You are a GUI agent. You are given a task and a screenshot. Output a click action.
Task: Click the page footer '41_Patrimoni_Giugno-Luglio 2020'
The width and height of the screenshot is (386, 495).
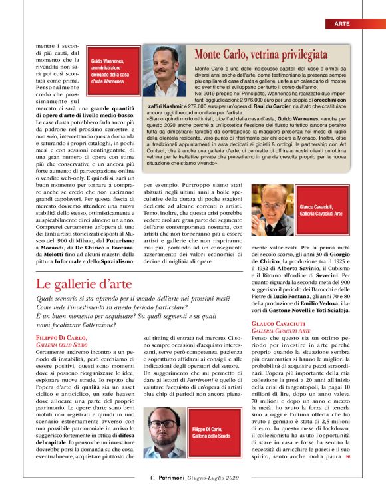click(x=192, y=478)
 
